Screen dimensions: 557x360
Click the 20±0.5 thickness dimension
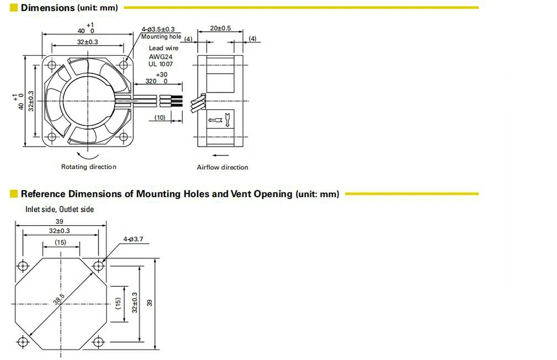220,28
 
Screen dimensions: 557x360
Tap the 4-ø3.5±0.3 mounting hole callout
158,30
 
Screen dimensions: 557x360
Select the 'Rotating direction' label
89,167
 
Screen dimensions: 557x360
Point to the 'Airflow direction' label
222,167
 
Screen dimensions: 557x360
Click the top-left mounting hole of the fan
52,65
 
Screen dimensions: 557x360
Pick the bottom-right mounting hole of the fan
123,137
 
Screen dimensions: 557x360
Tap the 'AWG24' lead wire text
160,56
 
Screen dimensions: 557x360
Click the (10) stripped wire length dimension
160,118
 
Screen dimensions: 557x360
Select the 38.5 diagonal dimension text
59,299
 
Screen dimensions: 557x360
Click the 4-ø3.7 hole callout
133,239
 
